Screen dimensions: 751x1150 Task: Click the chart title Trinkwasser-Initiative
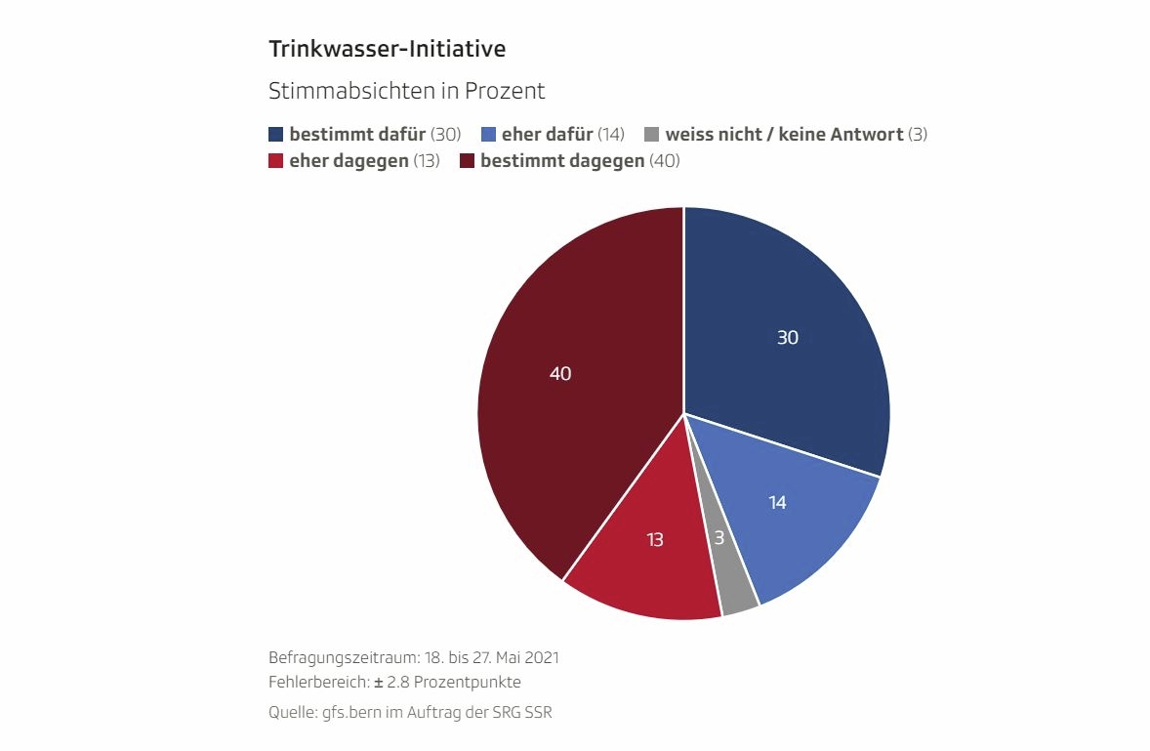tap(387, 48)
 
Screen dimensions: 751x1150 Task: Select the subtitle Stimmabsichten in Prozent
tap(406, 92)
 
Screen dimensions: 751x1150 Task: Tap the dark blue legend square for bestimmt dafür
tap(276, 135)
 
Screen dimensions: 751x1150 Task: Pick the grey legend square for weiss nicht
tap(652, 135)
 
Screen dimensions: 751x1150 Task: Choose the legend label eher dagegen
tap(349, 161)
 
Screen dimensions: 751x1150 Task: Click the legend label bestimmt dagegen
tap(562, 161)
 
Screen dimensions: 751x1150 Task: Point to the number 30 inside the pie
tap(788, 338)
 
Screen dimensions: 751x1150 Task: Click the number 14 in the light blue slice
tap(777, 503)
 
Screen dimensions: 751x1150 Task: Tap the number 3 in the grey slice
tap(718, 538)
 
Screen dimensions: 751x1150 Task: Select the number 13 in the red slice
tap(655, 539)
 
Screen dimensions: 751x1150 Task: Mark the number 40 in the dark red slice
tap(560, 373)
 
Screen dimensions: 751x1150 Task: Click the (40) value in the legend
tap(665, 161)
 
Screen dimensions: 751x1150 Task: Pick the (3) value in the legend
tap(918, 135)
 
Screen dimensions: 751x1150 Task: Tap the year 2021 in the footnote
tap(540, 657)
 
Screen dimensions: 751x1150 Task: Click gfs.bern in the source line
tap(349, 713)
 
